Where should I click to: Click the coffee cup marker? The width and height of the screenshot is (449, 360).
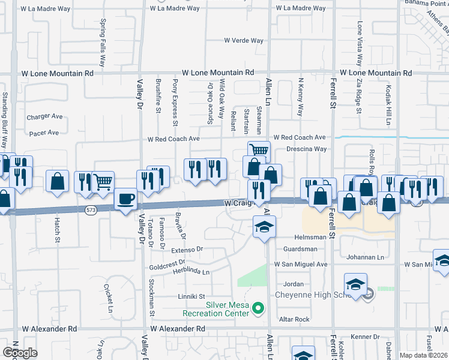click(125, 199)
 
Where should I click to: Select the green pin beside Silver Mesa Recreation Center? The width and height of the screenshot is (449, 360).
click(259, 309)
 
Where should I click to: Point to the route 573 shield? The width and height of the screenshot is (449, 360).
click(91, 209)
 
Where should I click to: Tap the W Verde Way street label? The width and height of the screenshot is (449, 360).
click(244, 41)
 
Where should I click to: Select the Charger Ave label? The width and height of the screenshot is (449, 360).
click(44, 116)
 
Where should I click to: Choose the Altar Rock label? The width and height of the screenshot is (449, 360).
click(297, 319)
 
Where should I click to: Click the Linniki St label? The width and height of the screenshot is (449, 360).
click(191, 296)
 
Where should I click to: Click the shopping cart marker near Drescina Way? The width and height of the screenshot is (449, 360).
click(259, 150)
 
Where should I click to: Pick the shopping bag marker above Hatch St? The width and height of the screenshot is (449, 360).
click(57, 181)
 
